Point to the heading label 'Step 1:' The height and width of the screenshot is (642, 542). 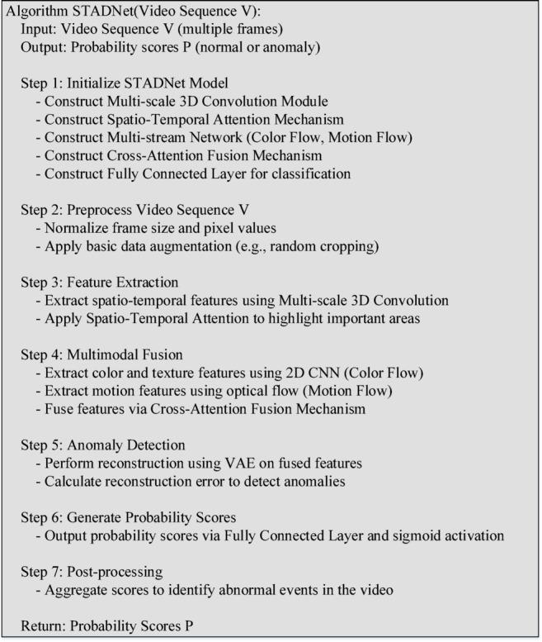pos(43,83)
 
